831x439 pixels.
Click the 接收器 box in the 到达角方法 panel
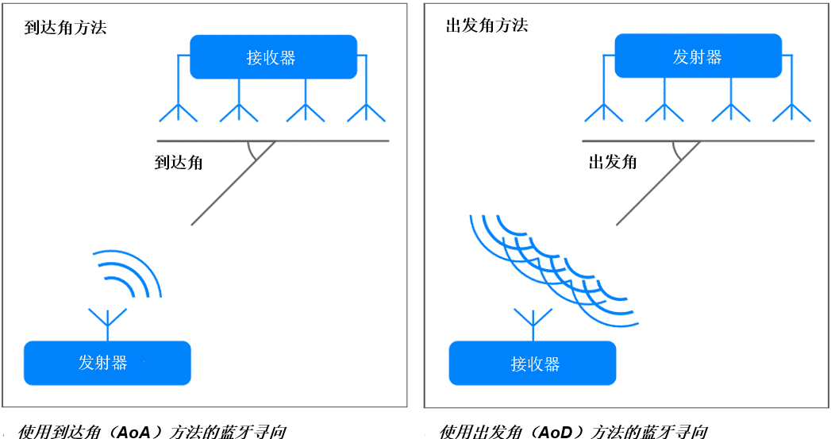[274, 56]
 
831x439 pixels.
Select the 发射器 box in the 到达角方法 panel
[107, 363]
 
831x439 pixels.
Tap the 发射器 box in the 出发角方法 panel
[698, 56]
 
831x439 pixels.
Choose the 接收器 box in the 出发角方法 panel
[533, 363]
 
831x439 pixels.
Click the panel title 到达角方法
[65, 28]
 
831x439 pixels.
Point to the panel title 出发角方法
[487, 25]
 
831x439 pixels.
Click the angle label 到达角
[179, 162]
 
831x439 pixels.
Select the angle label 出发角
[613, 162]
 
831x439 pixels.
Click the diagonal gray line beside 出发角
[659, 183]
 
